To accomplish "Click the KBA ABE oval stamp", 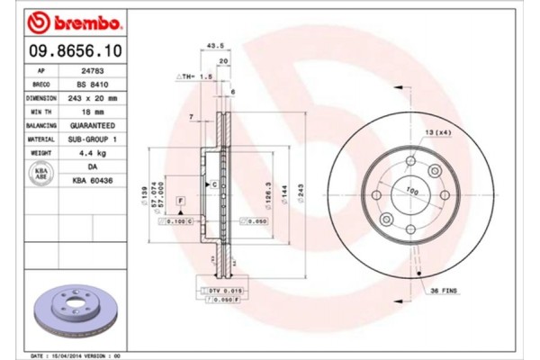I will pos(40,173).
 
